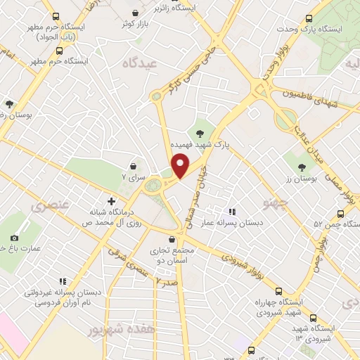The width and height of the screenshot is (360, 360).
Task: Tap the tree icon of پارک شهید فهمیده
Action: pos(200,134)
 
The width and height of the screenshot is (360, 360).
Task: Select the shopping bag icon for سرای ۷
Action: pos(133,165)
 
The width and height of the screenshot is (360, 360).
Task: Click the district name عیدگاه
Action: pos(161,63)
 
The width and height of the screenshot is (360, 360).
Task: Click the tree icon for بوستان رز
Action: pos(302,167)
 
